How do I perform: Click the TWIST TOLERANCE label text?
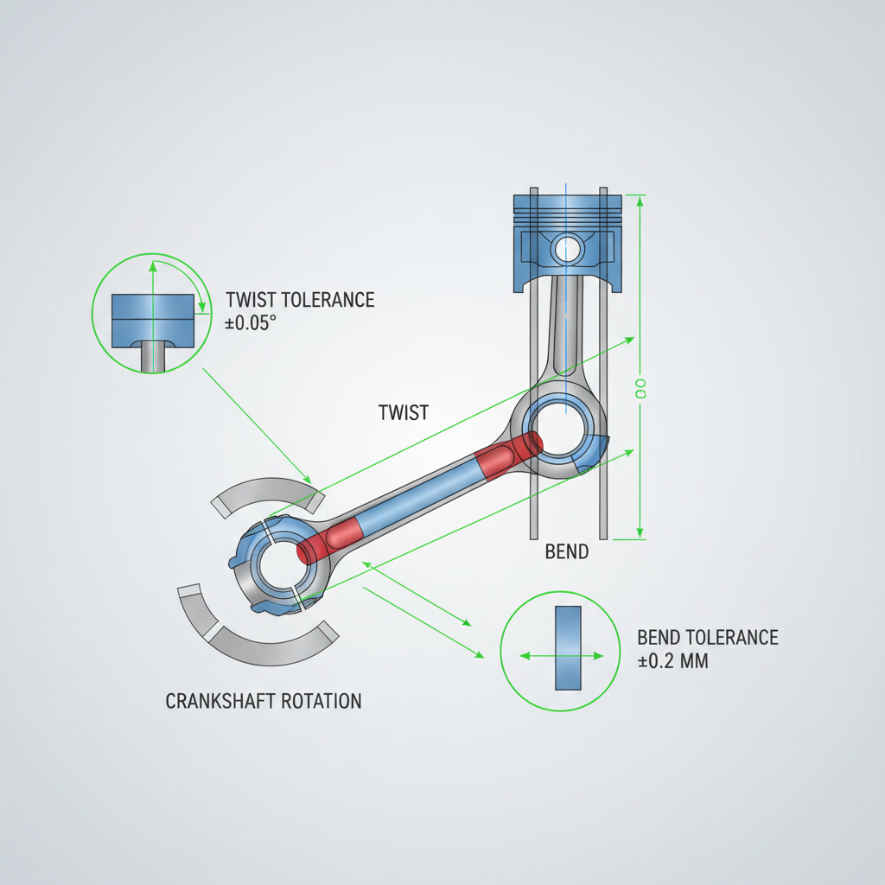pyautogui.click(x=300, y=300)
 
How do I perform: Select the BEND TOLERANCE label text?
pyautogui.click(x=707, y=638)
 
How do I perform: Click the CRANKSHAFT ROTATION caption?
pyautogui.click(x=263, y=700)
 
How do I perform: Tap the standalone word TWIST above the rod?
pyautogui.click(x=404, y=412)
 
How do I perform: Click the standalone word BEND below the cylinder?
pyautogui.click(x=567, y=551)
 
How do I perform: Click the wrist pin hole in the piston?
pyautogui.click(x=568, y=249)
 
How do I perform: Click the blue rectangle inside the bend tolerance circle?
pyautogui.click(x=568, y=647)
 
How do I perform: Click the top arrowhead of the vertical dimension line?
pyautogui.click(x=640, y=201)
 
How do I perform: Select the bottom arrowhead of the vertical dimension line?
pyautogui.click(x=640, y=533)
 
